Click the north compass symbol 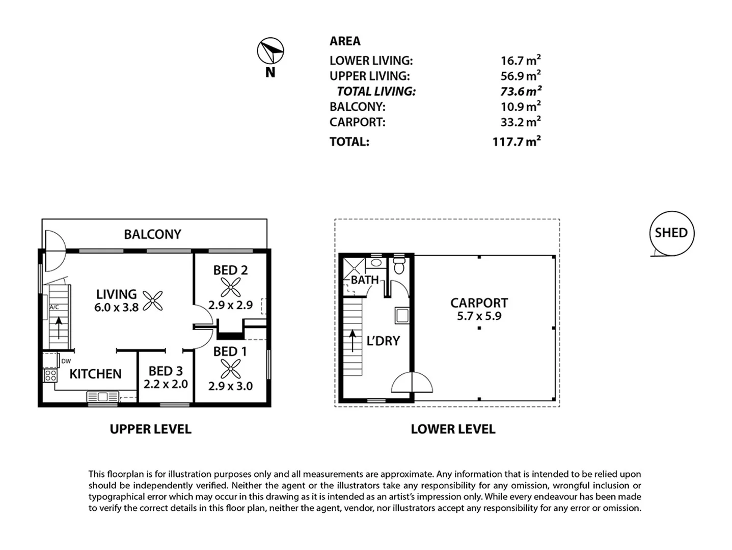point(270,51)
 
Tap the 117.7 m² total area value point(516,142)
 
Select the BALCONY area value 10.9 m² point(520,107)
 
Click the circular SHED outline point(671,233)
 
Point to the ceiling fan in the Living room point(152,300)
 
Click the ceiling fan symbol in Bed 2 point(230,287)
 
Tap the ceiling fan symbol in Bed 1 point(230,369)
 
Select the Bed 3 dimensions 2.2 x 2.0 point(166,384)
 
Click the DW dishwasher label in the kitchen point(66,361)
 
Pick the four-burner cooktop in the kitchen point(50,376)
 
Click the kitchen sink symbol point(102,396)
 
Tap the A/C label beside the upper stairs point(54,307)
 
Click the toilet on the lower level point(398,266)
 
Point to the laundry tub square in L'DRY point(402,316)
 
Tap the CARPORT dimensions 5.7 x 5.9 point(479,316)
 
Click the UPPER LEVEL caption point(150,429)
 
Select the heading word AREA point(345,41)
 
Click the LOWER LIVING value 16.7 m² point(520,61)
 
